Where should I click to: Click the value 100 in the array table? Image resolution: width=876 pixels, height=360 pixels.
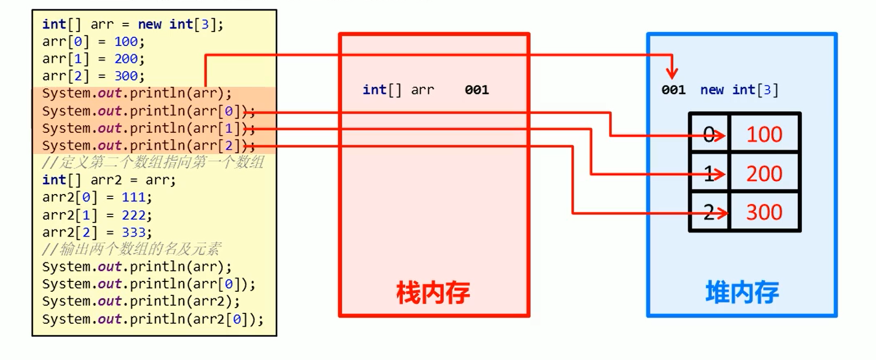point(764,135)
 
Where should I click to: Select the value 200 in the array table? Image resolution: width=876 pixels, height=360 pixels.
point(764,174)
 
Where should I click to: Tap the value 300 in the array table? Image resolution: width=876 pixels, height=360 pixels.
point(764,212)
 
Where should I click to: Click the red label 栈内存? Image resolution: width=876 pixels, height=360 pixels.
point(433,292)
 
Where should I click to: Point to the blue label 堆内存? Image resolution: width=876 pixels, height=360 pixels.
point(742,292)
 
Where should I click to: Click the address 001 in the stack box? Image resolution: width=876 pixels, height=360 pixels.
point(477,90)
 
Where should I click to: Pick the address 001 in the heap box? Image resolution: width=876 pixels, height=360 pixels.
point(673,90)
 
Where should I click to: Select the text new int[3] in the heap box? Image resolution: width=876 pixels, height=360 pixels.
point(739,90)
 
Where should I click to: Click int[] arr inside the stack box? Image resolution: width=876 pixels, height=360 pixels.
point(398,90)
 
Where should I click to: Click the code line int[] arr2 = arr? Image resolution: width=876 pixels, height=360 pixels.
point(109,180)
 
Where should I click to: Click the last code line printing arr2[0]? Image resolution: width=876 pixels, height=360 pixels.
point(153,319)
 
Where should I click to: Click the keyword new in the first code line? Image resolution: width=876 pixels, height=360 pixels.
point(150,24)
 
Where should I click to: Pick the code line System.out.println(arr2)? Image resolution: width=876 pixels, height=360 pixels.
point(141,302)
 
